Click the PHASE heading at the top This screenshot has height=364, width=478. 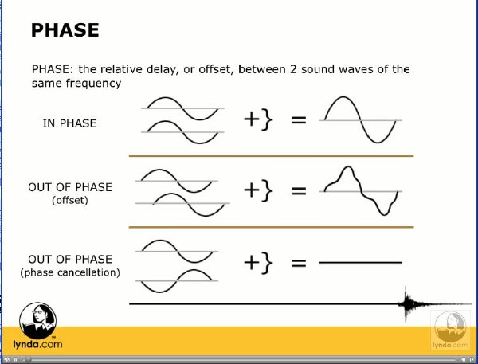[x=65, y=30]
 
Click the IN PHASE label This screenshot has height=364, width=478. [x=69, y=123]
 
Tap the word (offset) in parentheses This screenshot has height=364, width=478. [x=70, y=200]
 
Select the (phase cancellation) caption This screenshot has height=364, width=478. [x=70, y=272]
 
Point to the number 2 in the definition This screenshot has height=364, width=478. [x=293, y=69]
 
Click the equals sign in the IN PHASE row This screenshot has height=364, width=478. [x=299, y=119]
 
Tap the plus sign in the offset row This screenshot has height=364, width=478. [x=252, y=190]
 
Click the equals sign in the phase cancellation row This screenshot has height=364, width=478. [x=299, y=263]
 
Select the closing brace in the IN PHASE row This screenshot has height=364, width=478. [x=267, y=119]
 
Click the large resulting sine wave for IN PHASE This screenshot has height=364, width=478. [x=360, y=119]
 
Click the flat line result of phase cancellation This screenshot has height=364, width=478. [x=360, y=262]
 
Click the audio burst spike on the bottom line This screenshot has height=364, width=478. [x=406, y=304]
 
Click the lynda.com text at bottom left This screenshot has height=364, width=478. [x=37, y=345]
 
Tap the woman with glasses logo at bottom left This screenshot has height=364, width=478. [x=37, y=320]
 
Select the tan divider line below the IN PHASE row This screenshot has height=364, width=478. [x=272, y=156]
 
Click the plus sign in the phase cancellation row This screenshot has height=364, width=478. [x=252, y=263]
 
